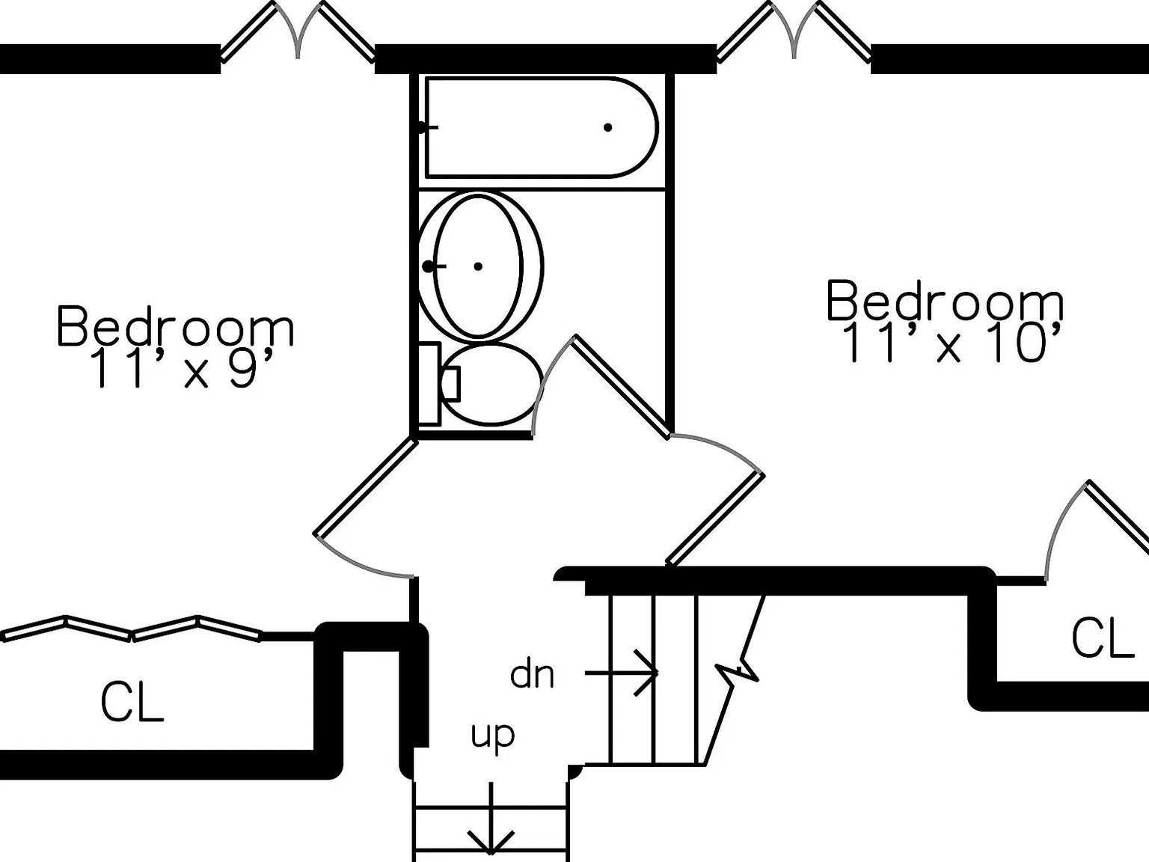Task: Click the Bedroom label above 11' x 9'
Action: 175,326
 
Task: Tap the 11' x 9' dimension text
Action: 183,368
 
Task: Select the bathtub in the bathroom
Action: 542,127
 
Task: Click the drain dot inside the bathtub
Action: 607,127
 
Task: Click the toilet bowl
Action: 491,384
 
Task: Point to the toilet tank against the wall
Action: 430,384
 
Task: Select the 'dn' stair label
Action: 532,674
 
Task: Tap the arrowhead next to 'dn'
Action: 647,673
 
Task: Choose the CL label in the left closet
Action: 132,703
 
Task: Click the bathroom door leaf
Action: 622,386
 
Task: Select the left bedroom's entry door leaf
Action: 365,487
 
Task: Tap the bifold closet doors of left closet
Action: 131,628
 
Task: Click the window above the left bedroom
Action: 297,32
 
